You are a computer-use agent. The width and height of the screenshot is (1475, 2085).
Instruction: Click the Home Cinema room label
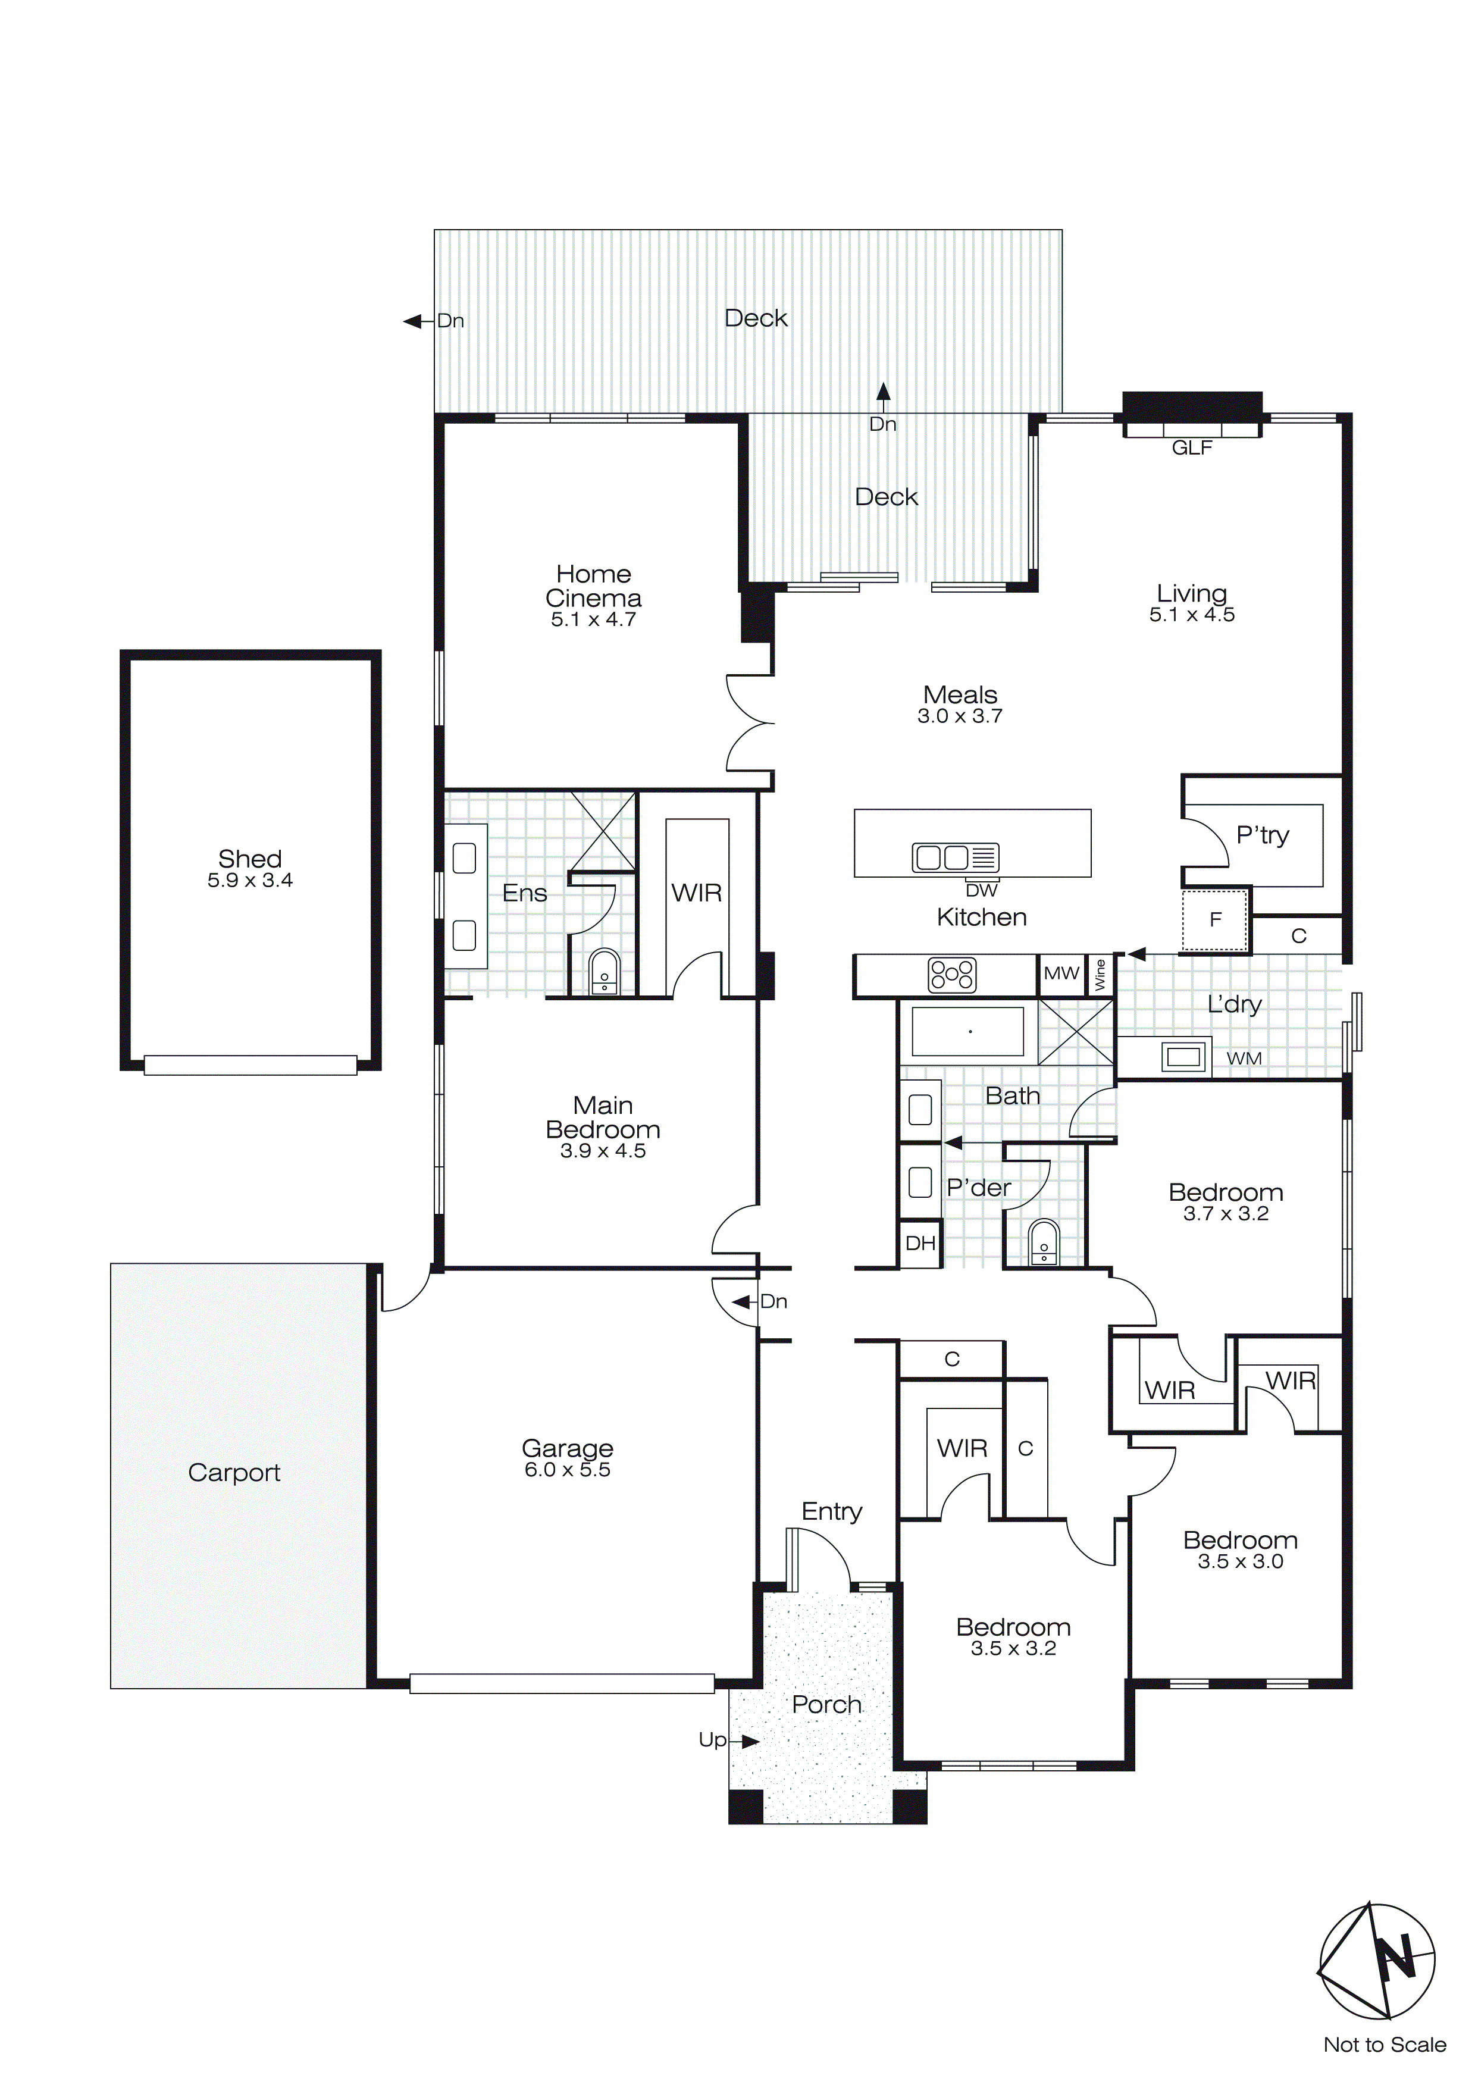tap(593, 587)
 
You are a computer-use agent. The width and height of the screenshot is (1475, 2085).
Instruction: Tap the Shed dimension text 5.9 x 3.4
tap(250, 880)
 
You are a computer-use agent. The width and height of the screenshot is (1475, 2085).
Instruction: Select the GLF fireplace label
tap(1192, 447)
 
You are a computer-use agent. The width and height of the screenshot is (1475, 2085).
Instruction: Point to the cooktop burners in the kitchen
tap(952, 975)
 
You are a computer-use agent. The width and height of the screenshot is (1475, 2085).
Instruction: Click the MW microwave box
tap(1061, 975)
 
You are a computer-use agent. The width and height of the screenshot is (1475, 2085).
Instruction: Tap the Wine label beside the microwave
tap(1100, 975)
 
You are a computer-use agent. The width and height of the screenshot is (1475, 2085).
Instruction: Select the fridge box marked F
tap(1215, 920)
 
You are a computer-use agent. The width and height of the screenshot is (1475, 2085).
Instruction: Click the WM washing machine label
tap(1244, 1059)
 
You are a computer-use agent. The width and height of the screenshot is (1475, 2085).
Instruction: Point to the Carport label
tap(234, 1473)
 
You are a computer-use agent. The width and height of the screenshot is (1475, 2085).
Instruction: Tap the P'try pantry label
tap(1263, 835)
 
